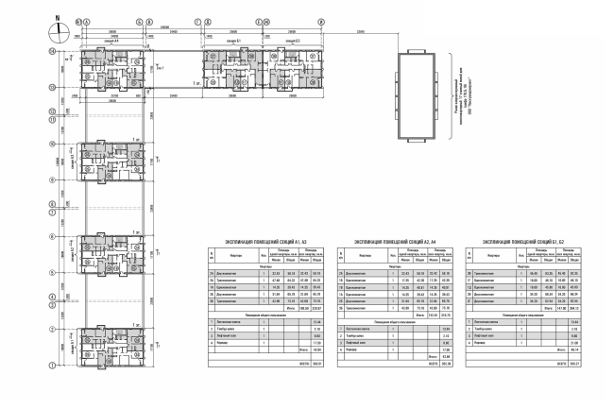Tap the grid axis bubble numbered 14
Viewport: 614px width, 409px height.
pos(51,56)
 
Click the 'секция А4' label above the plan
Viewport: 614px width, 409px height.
pos(112,43)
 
